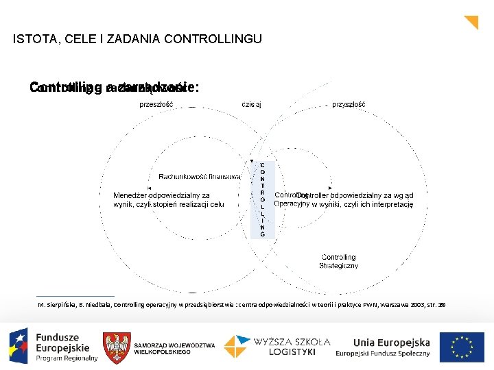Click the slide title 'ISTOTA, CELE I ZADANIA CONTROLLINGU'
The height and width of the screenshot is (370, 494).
click(137, 39)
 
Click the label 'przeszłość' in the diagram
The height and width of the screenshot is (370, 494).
click(156, 105)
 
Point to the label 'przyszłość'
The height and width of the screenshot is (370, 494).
click(349, 105)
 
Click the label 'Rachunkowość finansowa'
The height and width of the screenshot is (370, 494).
click(200, 177)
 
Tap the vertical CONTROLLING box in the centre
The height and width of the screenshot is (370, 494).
click(262, 199)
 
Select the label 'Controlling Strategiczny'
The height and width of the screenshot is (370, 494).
click(338, 261)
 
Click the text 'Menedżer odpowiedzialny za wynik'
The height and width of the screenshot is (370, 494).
click(161, 195)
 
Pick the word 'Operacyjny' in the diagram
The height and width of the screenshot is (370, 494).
click(292, 203)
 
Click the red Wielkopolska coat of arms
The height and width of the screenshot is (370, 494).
click(116, 347)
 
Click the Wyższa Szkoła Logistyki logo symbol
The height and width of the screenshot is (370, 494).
click(237, 347)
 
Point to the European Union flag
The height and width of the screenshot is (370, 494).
click(462, 347)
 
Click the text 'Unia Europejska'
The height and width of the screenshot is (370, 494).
click(391, 342)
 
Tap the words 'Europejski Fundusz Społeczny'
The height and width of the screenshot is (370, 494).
click(382, 354)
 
